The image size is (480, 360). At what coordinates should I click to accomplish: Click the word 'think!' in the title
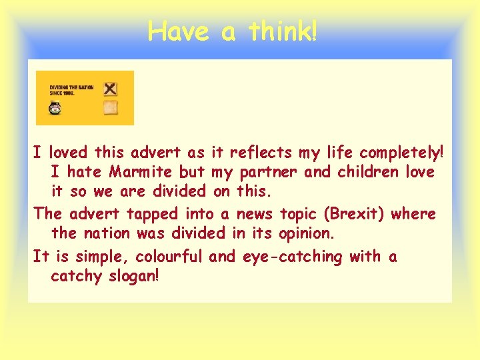coord(283,31)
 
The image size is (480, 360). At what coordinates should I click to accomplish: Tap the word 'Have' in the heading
coord(178,31)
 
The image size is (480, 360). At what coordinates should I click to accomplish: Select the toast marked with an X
coord(111,88)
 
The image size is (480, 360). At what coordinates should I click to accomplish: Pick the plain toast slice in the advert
coord(111,108)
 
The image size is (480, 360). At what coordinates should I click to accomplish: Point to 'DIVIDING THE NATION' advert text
coord(72,87)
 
